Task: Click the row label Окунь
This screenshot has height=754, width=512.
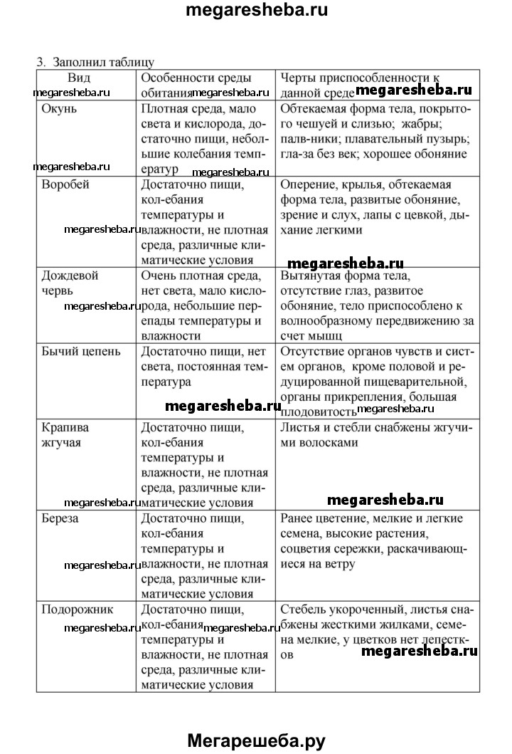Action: pos(60,110)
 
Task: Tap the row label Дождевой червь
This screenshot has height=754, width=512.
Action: pos(70,283)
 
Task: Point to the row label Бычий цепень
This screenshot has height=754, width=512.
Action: pos(81,351)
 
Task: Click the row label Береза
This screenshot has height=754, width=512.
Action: pos(60,518)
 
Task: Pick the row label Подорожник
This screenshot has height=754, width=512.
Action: pos(77,609)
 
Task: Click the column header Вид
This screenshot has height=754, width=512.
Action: pos(79,77)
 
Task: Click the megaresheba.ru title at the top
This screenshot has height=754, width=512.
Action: pos(256,11)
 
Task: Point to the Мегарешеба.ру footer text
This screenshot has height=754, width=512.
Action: pos(256,740)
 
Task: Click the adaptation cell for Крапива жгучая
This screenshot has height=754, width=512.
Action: pos(376,435)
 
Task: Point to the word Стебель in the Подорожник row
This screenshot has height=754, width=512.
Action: pos(304,609)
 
